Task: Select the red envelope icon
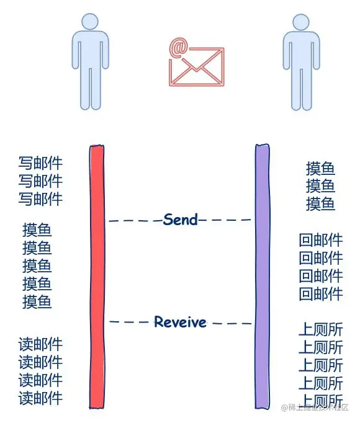coord(196,68)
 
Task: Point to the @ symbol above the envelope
coord(179,47)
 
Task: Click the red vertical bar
coord(97,276)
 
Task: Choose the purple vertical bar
coord(263,276)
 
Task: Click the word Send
coord(181,219)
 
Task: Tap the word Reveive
coord(180,322)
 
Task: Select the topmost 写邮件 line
coord(40,163)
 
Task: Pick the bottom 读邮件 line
coord(40,398)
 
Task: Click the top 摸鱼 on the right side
coord(320,168)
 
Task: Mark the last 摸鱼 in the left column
coord(37,302)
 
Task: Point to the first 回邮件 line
coord(320,240)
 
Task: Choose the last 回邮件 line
coord(320,294)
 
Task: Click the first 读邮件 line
coord(40,344)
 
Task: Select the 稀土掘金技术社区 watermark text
coord(318,407)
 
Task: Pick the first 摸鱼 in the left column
coord(37,230)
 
